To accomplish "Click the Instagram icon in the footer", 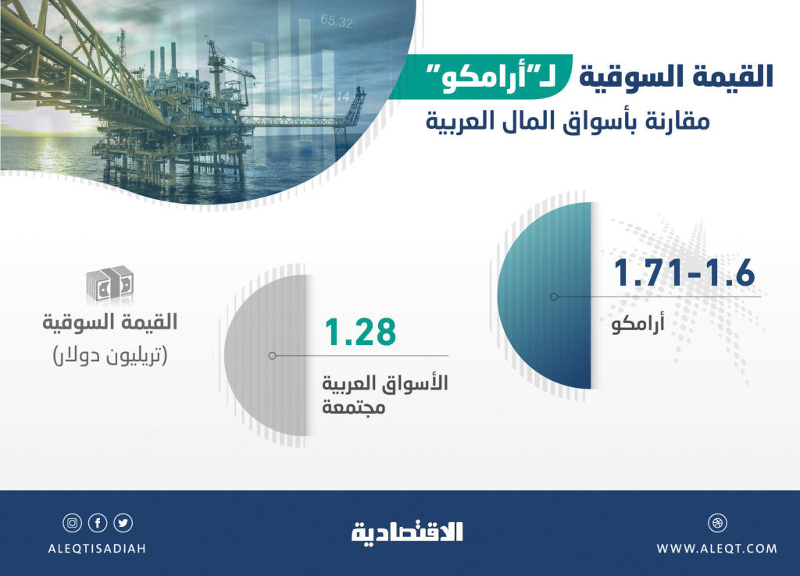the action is pyautogui.click(x=73, y=523).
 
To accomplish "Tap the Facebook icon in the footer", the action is pyautogui.click(x=98, y=523).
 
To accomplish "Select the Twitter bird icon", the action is pyautogui.click(x=123, y=523).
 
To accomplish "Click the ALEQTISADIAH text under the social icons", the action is pyautogui.click(x=97, y=549).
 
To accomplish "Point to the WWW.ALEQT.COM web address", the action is pyautogui.click(x=717, y=549).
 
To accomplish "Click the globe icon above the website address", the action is pyautogui.click(x=717, y=523).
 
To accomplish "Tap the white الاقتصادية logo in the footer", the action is pyautogui.click(x=407, y=532).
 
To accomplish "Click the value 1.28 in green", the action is pyautogui.click(x=360, y=332).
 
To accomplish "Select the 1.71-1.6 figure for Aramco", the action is pyautogui.click(x=684, y=272).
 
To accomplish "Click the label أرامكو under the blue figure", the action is pyautogui.click(x=637, y=324).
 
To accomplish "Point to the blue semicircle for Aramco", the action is pyautogui.click(x=545, y=296).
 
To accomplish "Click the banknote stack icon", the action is pyautogui.click(x=109, y=285).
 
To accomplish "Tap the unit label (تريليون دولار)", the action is pyautogui.click(x=110, y=355).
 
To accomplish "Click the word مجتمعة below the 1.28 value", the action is pyautogui.click(x=353, y=407).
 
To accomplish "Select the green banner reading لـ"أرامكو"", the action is pyautogui.click(x=480, y=76).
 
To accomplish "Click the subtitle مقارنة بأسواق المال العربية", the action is pyautogui.click(x=568, y=122).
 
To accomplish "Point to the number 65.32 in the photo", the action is pyautogui.click(x=336, y=21).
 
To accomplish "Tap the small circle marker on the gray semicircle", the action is pyautogui.click(x=273, y=355).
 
